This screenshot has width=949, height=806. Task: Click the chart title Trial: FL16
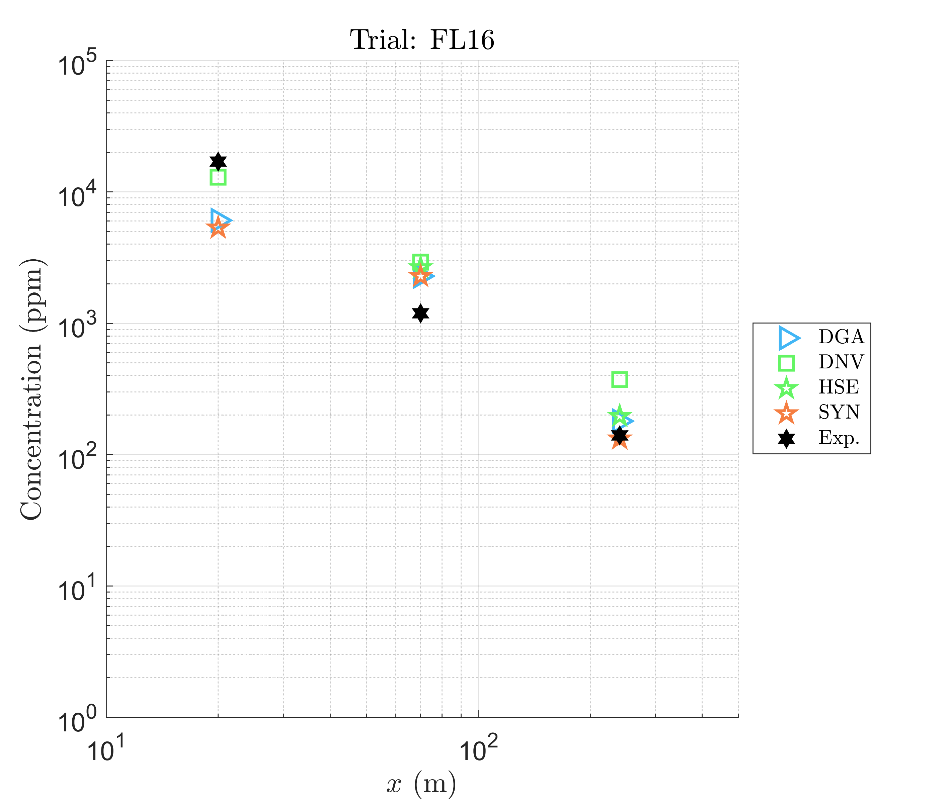click(421, 40)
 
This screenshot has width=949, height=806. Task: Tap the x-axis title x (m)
click(421, 784)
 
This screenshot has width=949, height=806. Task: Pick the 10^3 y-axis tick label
click(78, 327)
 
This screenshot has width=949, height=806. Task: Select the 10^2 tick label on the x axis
click(478, 750)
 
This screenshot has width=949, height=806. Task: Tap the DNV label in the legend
click(841, 362)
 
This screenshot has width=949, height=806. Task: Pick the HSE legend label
click(839, 387)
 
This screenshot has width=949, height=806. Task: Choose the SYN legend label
click(839, 413)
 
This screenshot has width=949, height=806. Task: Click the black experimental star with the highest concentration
click(218, 162)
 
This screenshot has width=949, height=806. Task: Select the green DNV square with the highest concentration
click(218, 177)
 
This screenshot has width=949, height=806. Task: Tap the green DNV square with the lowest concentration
click(619, 379)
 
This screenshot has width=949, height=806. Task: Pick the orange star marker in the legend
click(786, 414)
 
